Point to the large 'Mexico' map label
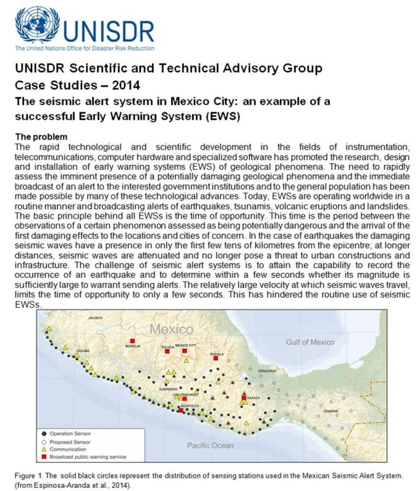tap(171, 329)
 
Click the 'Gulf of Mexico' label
tap(309, 342)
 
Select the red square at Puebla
tap(216, 358)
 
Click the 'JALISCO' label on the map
tap(95, 318)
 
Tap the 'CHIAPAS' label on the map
tap(331, 410)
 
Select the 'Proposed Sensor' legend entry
tap(69, 442)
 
